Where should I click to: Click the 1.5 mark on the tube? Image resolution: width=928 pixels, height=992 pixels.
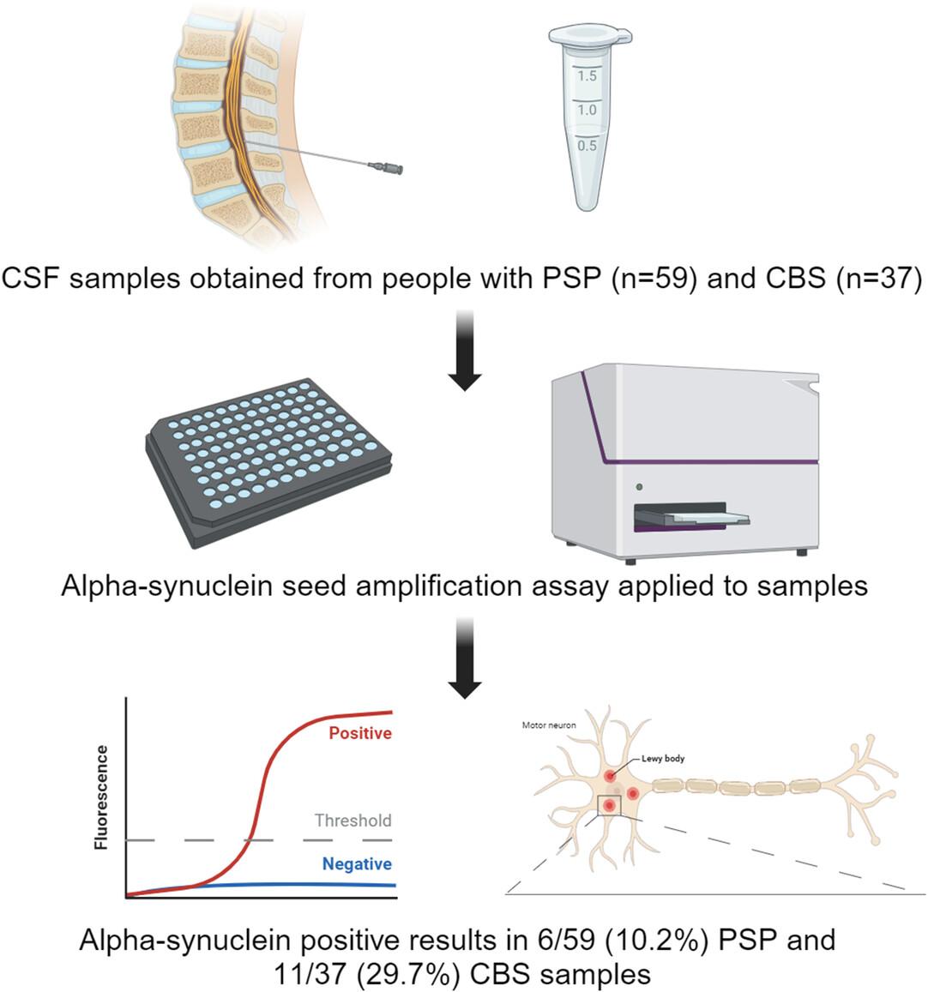587,76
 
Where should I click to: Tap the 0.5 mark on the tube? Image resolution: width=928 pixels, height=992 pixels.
587,146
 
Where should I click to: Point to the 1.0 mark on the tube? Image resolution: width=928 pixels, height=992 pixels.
587,110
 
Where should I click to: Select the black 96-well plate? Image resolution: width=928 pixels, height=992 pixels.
268,462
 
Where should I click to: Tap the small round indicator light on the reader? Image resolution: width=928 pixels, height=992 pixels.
639,486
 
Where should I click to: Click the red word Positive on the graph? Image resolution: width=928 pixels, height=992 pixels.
360,733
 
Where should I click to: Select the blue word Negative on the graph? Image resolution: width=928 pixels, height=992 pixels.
357,863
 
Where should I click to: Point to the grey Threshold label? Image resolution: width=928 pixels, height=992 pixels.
353,821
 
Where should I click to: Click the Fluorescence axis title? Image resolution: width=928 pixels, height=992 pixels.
101,797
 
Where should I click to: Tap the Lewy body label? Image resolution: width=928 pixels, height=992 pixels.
663,758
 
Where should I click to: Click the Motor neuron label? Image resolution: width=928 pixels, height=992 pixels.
549,725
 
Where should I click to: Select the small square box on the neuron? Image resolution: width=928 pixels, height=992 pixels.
610,805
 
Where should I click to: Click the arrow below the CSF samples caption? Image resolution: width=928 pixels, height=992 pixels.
465,351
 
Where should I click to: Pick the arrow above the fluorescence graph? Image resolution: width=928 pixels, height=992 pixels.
465,658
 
